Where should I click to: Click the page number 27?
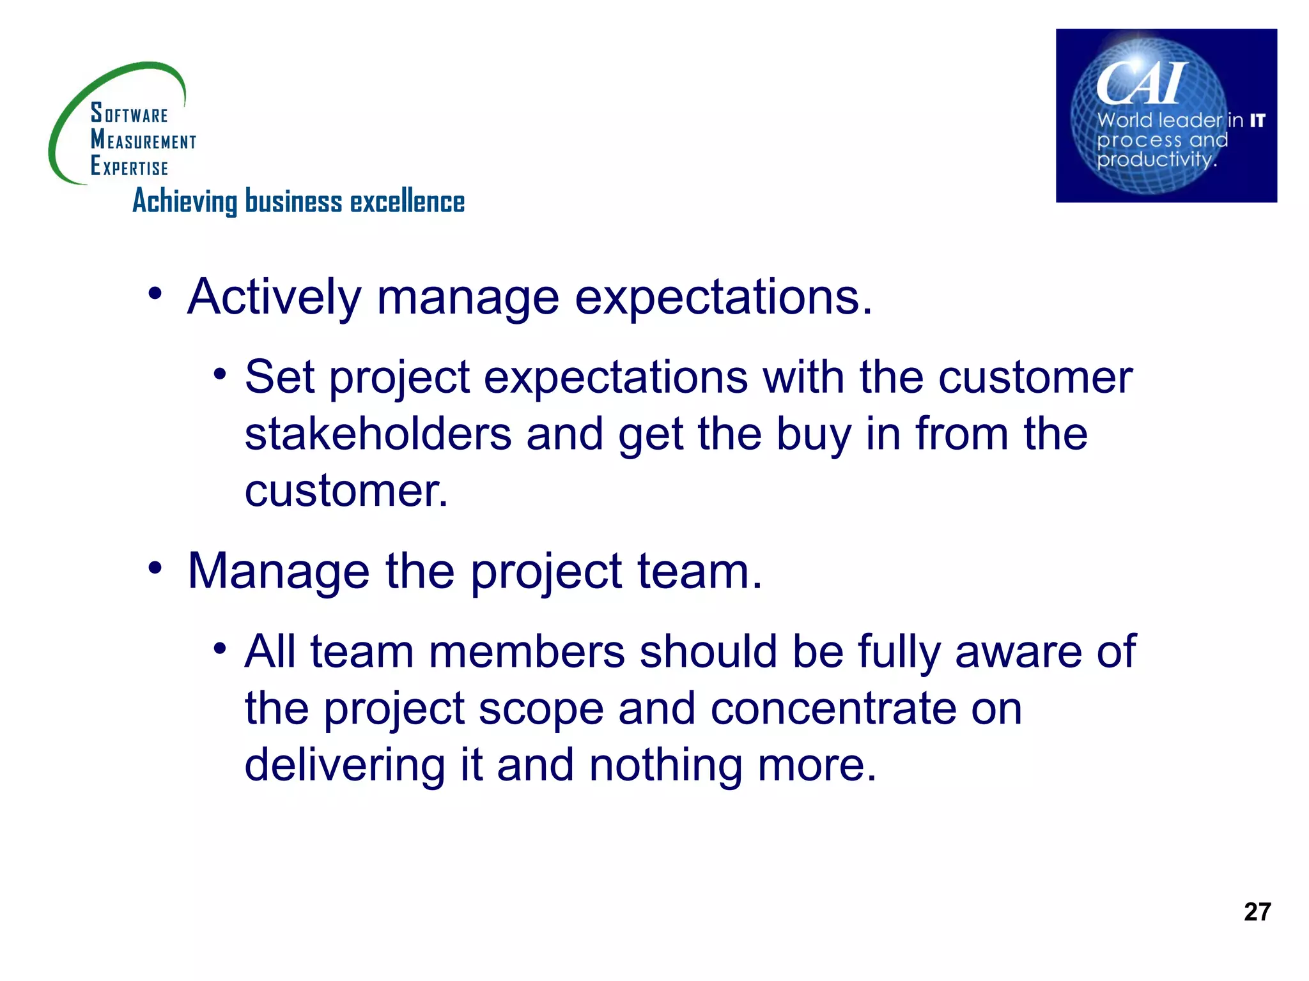(1257, 911)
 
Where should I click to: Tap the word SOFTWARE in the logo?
(129, 113)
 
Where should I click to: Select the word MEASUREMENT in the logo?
(143, 139)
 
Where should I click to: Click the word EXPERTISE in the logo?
(130, 166)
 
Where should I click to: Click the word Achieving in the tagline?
(185, 202)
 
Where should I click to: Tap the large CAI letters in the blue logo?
(1142, 83)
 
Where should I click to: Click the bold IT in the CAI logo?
(1257, 120)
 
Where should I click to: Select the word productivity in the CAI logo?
(1155, 158)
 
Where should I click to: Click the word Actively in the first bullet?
(274, 298)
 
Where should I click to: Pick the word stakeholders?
(378, 434)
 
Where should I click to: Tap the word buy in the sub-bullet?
(814, 435)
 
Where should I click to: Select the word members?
(527, 652)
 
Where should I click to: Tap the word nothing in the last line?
(665, 766)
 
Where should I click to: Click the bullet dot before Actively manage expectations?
(155, 294)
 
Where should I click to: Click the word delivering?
(345, 766)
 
